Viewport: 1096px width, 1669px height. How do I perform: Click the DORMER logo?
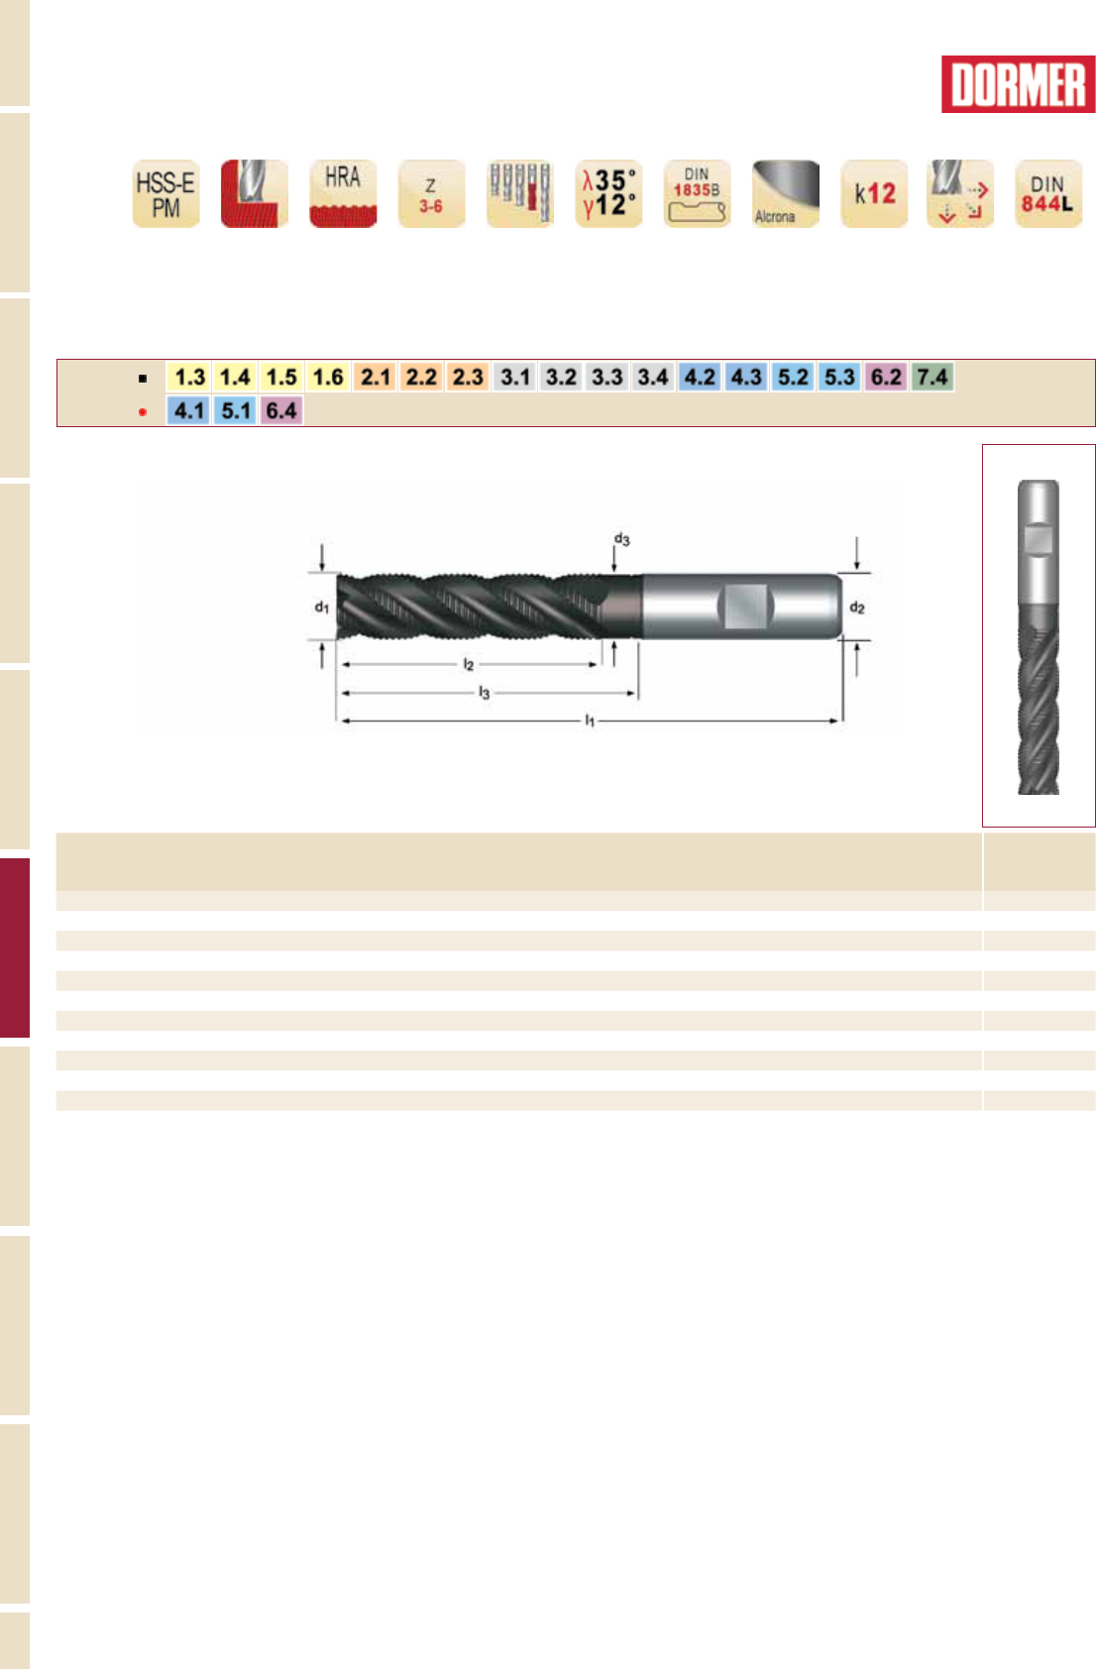point(1018,84)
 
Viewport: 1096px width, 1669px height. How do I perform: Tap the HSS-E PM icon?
point(166,193)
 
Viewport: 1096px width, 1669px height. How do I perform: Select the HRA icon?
point(343,193)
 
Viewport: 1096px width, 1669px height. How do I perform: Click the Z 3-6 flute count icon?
point(431,193)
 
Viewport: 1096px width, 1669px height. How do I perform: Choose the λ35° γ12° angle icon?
point(608,193)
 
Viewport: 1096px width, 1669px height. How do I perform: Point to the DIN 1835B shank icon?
point(698,193)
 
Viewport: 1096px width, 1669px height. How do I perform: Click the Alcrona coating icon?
point(785,193)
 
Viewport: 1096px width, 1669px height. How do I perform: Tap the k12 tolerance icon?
point(874,193)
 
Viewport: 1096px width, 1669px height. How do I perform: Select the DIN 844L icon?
point(1048,193)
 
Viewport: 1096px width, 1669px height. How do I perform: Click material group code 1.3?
point(189,377)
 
